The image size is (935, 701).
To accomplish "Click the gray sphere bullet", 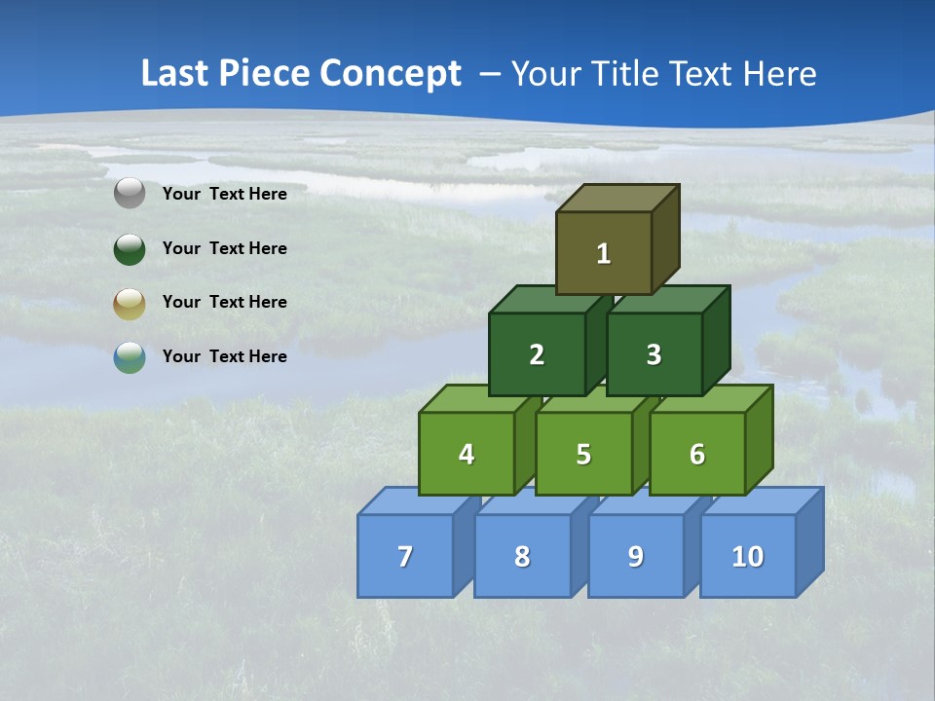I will [130, 194].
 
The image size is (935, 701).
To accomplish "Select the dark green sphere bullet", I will [130, 248].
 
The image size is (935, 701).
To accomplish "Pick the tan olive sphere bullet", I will [130, 303].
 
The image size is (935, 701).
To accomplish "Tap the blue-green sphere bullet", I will [130, 356].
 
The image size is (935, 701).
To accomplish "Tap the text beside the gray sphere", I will [225, 194].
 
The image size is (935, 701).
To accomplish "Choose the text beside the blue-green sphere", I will [225, 356].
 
